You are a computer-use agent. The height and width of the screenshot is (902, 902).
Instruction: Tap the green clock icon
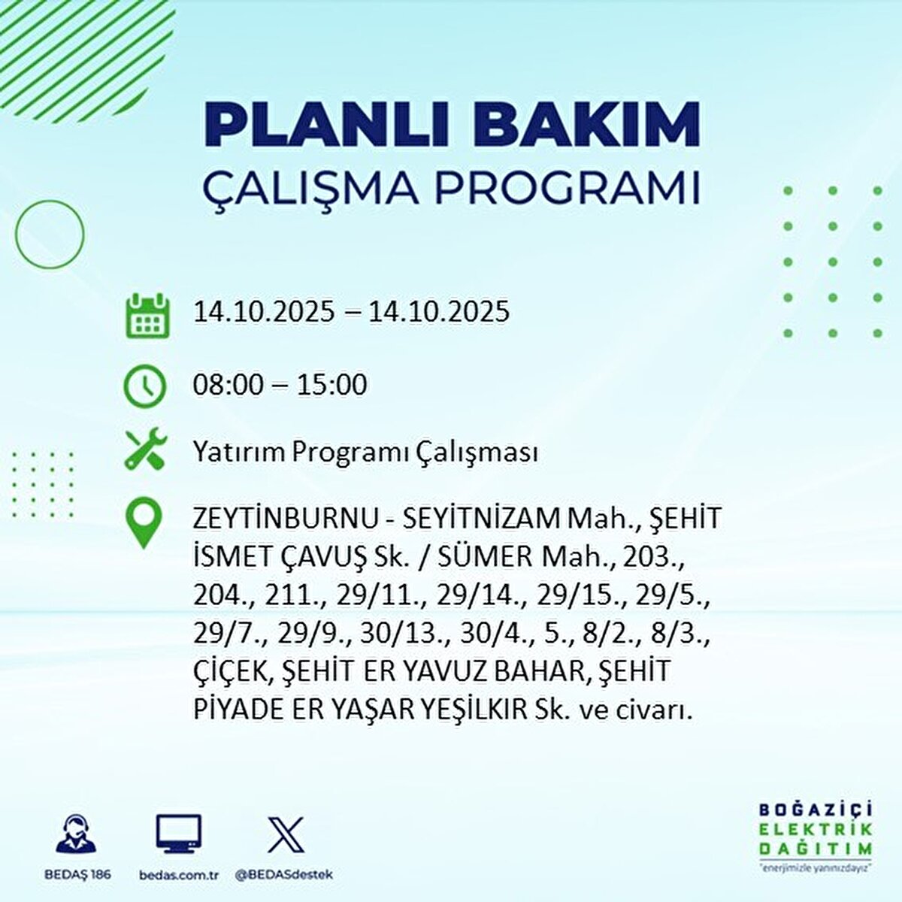[x=144, y=386]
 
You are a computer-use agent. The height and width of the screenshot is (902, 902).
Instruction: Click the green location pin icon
[x=144, y=524]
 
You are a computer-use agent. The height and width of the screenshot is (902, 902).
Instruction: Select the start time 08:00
[x=229, y=385]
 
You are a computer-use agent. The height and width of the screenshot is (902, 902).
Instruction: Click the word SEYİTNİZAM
[x=481, y=519]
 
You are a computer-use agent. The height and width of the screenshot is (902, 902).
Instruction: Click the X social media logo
[x=286, y=834]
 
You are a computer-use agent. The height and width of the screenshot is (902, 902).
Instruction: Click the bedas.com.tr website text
[x=179, y=875]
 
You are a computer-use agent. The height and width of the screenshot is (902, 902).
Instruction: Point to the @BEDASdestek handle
[x=284, y=875]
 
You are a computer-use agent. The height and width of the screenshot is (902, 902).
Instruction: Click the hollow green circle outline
[x=50, y=235]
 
